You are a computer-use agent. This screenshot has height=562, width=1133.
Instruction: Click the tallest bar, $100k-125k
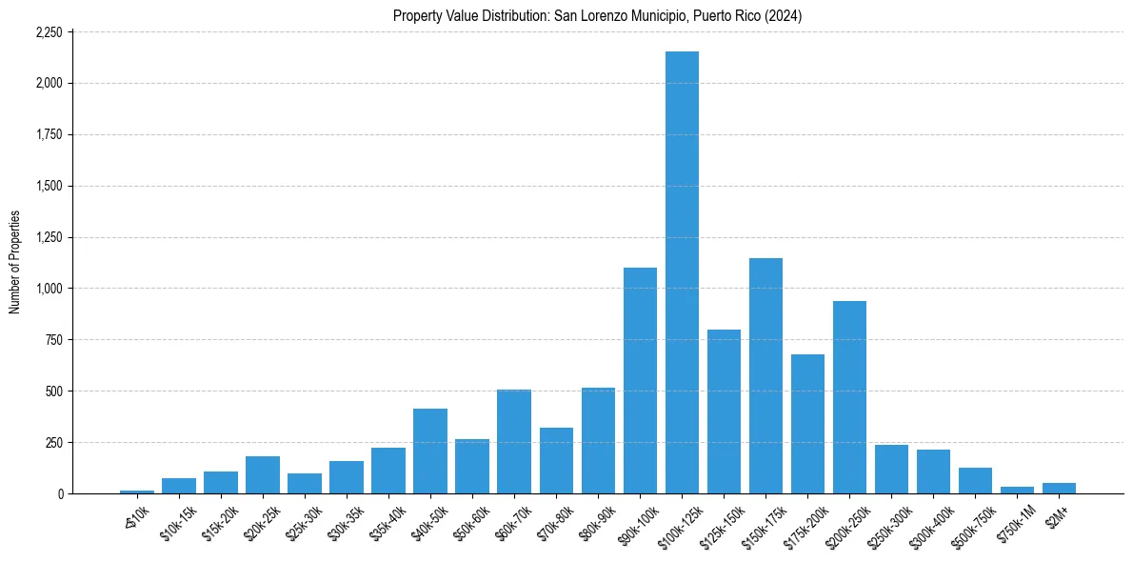click(x=682, y=276)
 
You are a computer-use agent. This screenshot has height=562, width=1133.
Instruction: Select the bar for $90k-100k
click(x=640, y=381)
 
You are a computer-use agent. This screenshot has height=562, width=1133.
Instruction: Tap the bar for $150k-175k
click(x=765, y=376)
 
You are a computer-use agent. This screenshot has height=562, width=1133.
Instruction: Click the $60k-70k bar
click(x=514, y=442)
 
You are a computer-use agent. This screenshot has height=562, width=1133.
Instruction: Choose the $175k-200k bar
click(x=807, y=424)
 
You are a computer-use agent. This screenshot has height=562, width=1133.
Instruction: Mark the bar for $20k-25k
click(x=263, y=475)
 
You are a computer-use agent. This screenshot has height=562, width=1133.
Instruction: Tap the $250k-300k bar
click(x=891, y=470)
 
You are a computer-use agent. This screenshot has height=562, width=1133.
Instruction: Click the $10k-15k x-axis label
click(x=176, y=522)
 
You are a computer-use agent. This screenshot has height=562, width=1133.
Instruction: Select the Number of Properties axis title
click(x=14, y=263)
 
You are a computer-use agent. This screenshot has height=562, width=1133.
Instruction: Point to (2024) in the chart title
click(x=786, y=16)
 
